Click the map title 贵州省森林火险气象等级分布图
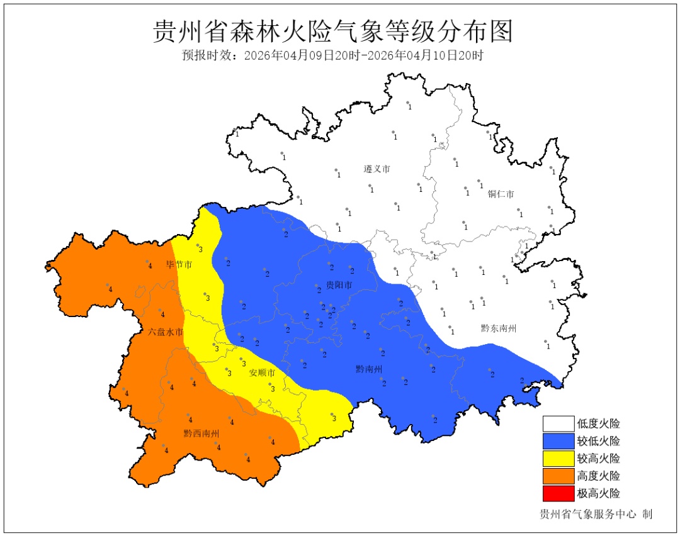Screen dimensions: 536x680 [333, 31]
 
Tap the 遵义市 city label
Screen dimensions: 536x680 [377, 169]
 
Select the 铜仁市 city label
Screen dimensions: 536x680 [501, 194]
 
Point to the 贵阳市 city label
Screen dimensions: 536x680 [339, 286]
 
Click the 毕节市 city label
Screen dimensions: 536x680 [179, 265]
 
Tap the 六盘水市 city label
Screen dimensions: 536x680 [166, 332]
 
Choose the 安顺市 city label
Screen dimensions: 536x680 [262, 373]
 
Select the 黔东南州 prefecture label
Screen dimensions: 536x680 [499, 328]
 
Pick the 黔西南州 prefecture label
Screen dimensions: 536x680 [201, 433]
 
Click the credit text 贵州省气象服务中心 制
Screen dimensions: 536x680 [596, 514]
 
